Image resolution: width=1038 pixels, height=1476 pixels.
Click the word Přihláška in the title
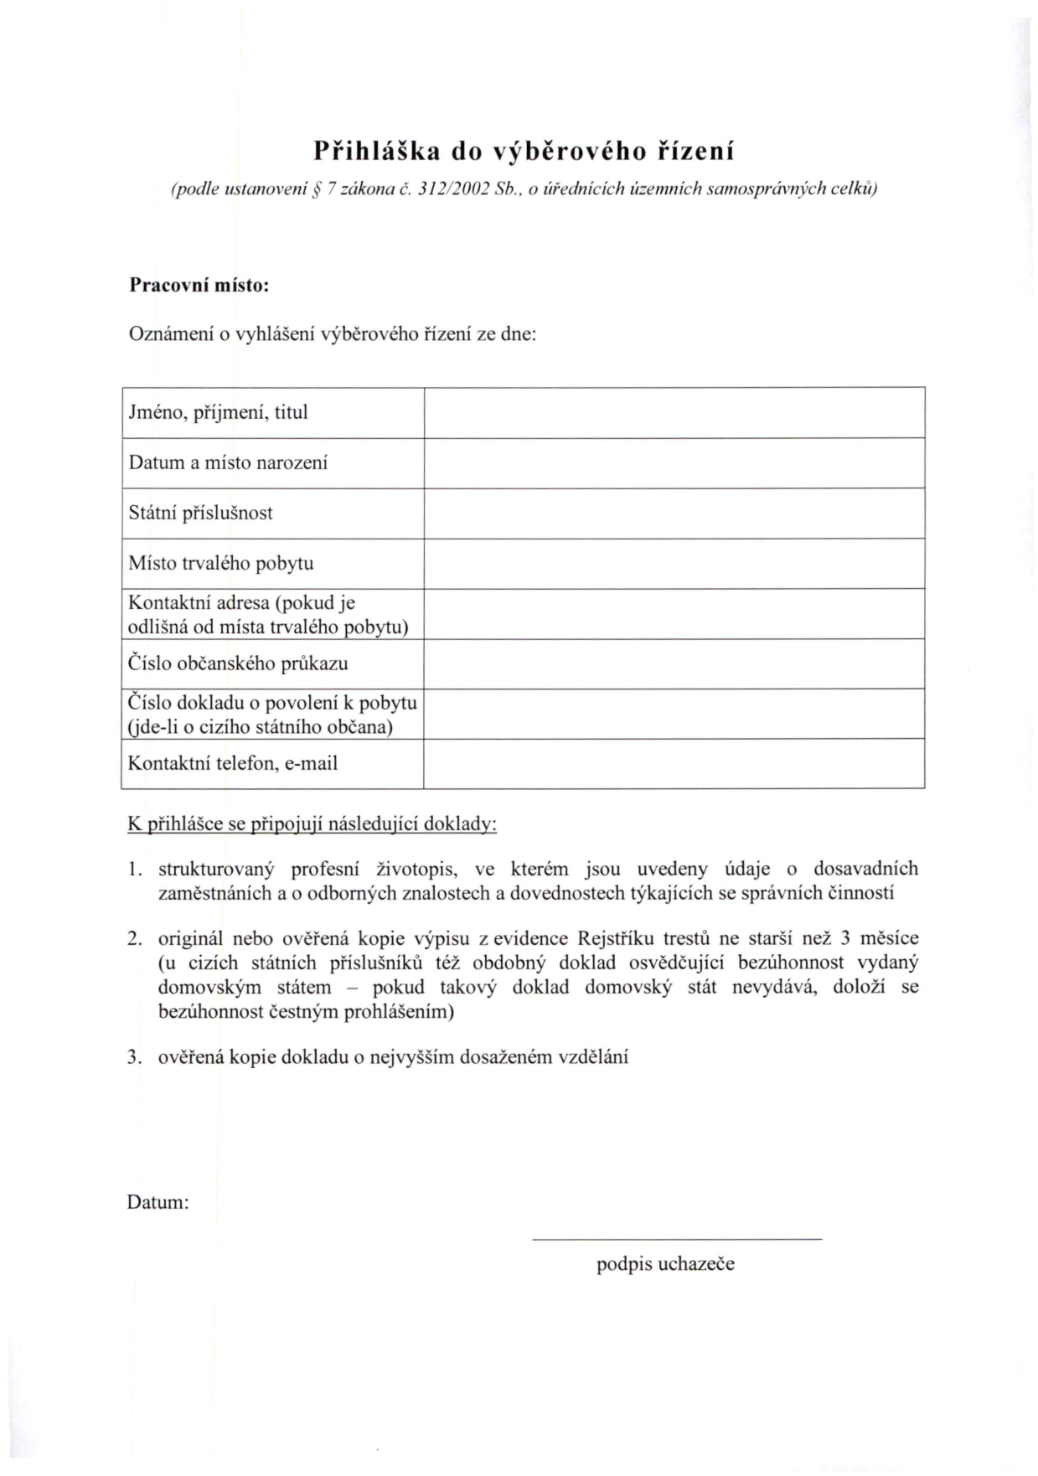point(375,152)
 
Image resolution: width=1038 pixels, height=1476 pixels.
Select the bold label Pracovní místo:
point(199,285)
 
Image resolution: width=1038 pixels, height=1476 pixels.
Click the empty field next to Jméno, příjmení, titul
point(674,412)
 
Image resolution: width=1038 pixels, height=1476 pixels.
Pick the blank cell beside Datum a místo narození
point(674,462)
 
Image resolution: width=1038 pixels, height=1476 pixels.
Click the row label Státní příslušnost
point(200,513)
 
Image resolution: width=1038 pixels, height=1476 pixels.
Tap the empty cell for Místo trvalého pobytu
point(674,563)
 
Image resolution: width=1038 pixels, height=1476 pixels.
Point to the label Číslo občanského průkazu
point(238,663)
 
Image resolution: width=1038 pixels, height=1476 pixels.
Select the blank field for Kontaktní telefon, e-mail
point(674,763)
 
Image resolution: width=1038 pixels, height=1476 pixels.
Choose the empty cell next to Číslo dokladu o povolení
point(674,714)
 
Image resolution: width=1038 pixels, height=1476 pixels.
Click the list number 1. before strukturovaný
point(134,869)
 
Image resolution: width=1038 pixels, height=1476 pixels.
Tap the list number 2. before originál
point(134,938)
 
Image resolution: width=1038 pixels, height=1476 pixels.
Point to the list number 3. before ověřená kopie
point(134,1057)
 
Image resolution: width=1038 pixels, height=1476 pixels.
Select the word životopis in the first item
point(416,869)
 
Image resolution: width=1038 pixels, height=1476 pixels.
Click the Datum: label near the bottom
point(158,1203)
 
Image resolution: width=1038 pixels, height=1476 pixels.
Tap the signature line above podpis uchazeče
point(677,1238)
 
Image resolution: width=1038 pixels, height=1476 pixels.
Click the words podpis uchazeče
point(665,1264)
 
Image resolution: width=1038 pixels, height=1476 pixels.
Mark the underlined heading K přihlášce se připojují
point(312,824)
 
